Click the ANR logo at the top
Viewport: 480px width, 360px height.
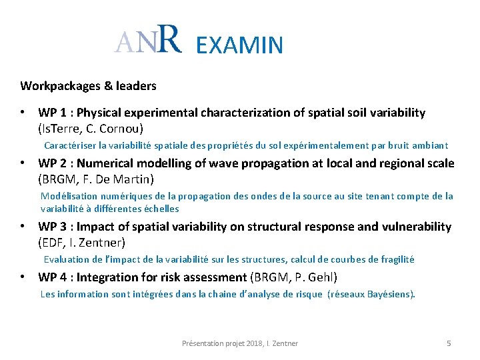(x=147, y=41)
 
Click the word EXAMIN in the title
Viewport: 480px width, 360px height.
(x=240, y=45)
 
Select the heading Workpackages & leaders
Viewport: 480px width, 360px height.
(x=88, y=86)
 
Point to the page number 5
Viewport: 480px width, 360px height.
(x=449, y=343)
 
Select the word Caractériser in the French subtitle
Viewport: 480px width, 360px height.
(x=70, y=145)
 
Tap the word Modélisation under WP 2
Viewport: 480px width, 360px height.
(x=69, y=196)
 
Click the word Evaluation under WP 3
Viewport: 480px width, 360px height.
(x=66, y=259)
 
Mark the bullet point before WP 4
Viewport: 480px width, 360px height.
(x=23, y=277)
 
